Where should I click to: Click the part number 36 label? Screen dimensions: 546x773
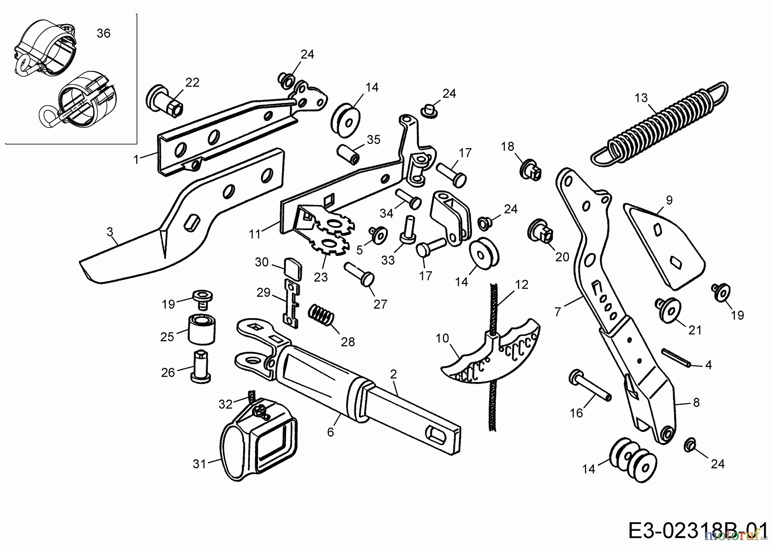pos(103,33)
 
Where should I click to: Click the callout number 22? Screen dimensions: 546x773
pos(192,82)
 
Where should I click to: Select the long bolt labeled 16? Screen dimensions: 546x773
pos(590,385)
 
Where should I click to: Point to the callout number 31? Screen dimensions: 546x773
pos(200,464)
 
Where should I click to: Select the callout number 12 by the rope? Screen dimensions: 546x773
pos(522,285)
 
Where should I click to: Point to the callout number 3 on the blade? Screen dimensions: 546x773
pos(110,232)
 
